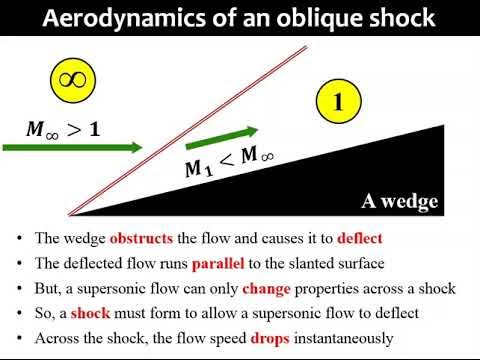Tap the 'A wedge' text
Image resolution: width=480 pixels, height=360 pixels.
click(400, 202)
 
